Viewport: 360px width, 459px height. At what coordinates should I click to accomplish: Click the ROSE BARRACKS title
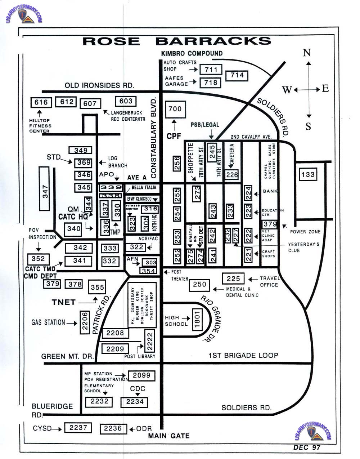point(177,41)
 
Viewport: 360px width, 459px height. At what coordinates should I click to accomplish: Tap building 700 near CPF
point(175,109)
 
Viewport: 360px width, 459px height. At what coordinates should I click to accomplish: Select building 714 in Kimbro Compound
point(237,75)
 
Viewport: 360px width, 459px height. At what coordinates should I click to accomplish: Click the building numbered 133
point(308,175)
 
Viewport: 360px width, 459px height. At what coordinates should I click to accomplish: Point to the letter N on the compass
point(307,53)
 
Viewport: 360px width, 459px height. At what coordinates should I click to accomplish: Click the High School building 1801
point(197,318)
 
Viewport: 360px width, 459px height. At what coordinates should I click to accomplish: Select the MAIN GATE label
point(169,436)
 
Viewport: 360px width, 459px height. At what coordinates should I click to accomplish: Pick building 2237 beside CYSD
point(78,428)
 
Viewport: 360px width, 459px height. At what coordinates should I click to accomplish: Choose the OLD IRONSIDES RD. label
point(99,85)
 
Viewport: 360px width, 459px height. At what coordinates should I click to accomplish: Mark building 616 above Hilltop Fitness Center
point(41,102)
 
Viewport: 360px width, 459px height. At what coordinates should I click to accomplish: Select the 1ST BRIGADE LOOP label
point(243,356)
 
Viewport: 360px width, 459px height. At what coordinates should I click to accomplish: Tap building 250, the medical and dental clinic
point(199,285)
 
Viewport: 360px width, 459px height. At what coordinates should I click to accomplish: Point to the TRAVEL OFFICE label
point(269,281)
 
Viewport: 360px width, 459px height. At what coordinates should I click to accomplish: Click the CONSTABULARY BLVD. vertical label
point(154,137)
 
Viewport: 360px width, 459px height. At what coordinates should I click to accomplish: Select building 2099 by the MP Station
point(141,375)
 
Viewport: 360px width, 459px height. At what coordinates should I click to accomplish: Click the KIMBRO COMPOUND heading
point(192,53)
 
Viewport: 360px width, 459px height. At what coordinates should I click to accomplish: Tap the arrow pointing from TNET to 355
point(89,301)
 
